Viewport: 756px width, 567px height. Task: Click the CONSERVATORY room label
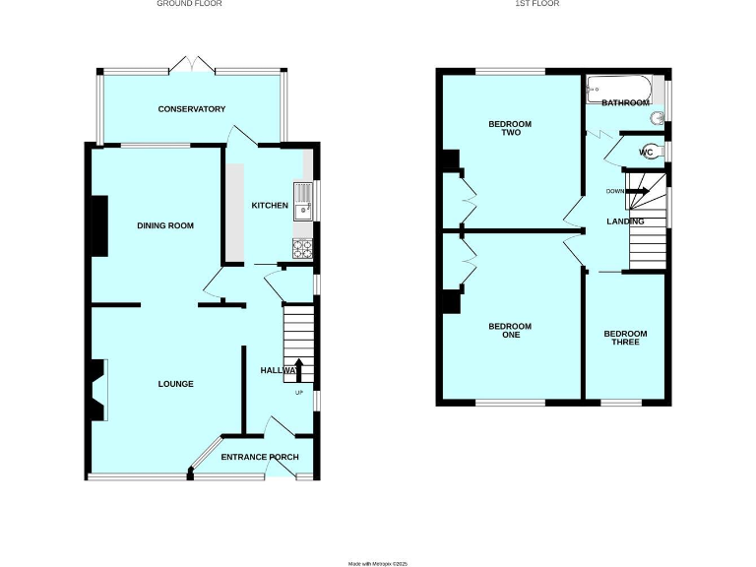click(192, 109)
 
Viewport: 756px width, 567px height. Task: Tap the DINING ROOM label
click(165, 225)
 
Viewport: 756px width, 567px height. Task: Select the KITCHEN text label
click(270, 206)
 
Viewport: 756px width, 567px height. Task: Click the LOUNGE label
click(174, 384)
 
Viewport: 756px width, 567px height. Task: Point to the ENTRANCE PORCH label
click(259, 457)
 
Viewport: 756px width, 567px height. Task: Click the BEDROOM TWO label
click(510, 129)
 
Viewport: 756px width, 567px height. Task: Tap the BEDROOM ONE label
click(510, 331)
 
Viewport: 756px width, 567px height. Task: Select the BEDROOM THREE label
click(625, 338)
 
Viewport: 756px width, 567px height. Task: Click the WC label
click(647, 153)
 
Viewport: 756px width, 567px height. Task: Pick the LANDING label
click(624, 221)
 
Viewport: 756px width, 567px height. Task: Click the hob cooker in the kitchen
click(302, 247)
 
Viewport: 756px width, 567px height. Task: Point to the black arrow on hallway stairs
click(298, 370)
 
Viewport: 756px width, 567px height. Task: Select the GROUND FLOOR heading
click(190, 4)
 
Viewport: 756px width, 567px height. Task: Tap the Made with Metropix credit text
click(378, 563)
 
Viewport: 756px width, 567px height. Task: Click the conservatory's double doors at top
click(191, 65)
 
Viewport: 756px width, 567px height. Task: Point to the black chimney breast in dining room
click(99, 225)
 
